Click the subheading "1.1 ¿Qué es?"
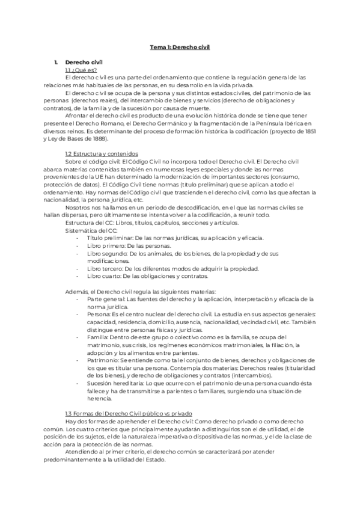pos(81,70)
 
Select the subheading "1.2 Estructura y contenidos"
pos(102,154)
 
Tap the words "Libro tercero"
pos(105,269)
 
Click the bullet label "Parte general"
pos(105,299)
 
